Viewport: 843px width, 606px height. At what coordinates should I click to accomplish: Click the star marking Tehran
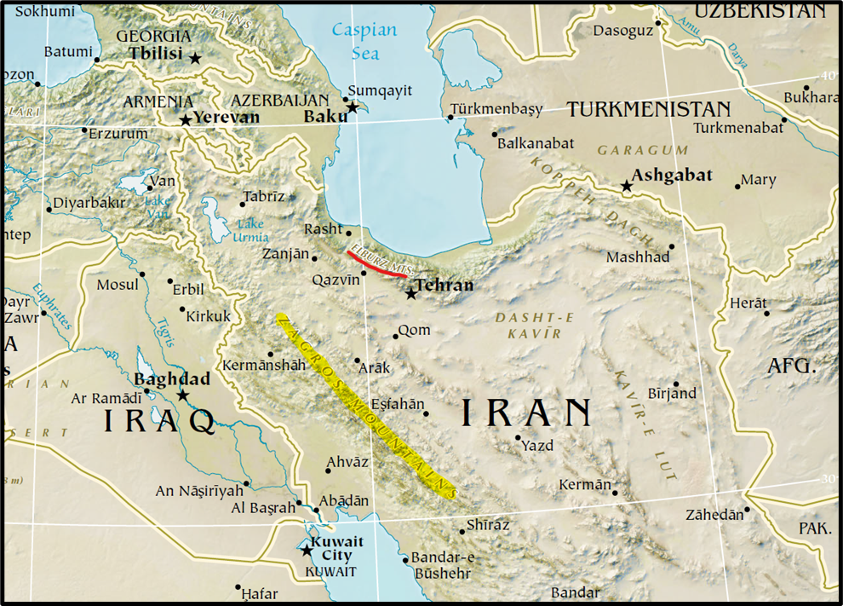411,294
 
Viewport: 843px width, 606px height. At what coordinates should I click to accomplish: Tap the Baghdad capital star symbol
182,395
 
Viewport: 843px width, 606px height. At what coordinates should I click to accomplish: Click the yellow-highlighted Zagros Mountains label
366,405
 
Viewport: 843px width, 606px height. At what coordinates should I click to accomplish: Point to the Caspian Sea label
364,41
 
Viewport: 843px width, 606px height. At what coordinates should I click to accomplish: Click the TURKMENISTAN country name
649,109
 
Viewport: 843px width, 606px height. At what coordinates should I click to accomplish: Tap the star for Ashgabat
627,186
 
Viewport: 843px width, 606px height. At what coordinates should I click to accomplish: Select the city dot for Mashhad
672,246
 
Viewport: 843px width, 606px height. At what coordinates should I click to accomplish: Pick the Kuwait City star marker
307,551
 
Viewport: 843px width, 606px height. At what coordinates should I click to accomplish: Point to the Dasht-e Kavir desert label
535,325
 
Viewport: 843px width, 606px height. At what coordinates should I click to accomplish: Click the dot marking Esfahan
426,413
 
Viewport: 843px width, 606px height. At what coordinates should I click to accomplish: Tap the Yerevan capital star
186,120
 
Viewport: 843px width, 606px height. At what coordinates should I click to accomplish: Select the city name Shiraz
488,525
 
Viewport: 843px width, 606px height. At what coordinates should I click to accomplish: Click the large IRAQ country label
159,421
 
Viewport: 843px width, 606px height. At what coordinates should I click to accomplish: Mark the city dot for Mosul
141,274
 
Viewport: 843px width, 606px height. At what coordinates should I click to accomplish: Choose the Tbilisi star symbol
195,58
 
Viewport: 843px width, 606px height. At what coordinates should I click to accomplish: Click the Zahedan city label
714,515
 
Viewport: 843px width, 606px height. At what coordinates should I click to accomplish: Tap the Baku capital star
353,107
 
